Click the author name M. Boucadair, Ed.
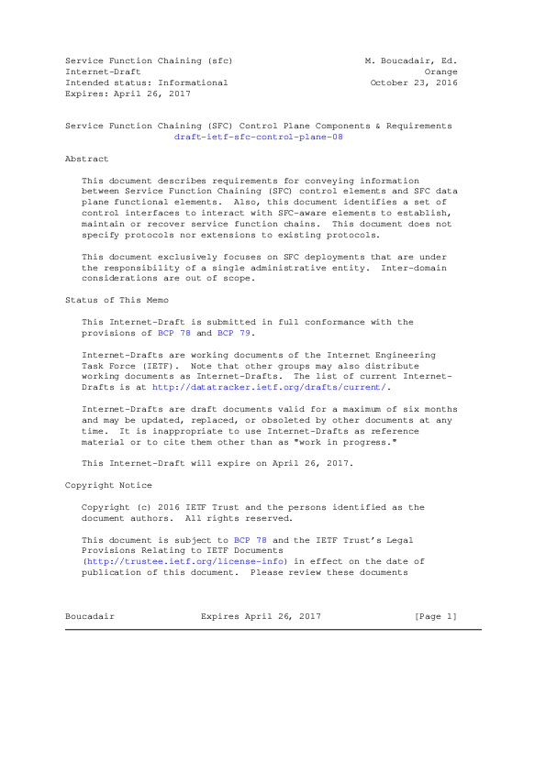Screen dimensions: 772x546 (411, 61)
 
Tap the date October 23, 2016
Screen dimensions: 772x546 (414, 83)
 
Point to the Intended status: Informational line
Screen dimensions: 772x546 (146, 83)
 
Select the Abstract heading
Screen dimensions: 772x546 (86, 159)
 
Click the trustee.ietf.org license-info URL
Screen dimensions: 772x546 (187, 562)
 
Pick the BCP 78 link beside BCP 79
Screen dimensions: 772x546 (175, 333)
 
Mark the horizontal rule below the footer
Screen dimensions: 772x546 (273, 629)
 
